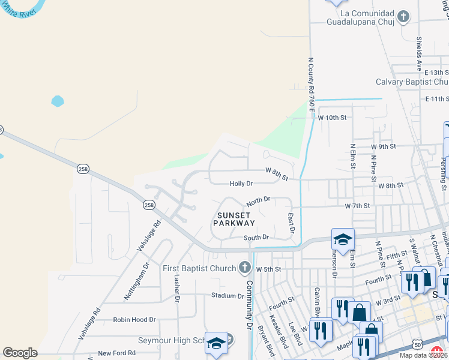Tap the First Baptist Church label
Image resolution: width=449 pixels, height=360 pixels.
[200, 268]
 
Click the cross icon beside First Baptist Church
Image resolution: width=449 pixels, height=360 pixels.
[244, 267]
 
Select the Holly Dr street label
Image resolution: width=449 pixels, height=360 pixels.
[241, 184]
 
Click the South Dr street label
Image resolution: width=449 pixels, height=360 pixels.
[256, 238]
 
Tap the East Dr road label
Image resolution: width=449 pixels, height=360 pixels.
[292, 222]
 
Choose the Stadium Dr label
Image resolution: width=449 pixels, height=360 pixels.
[227, 295]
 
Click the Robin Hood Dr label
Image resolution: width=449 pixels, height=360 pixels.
[134, 320]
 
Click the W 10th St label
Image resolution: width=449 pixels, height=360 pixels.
[332, 118]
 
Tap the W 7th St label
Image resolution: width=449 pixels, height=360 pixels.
[357, 206]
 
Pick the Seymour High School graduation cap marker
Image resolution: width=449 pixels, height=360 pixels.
[217, 343]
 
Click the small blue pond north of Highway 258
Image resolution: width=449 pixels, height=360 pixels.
[58, 101]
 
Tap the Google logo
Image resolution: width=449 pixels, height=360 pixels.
[20, 353]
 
